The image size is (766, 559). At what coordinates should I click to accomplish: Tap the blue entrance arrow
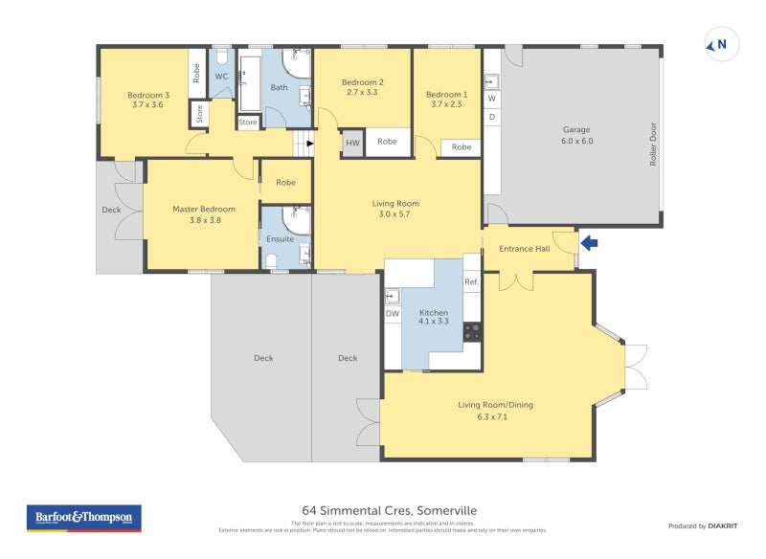[x=590, y=243]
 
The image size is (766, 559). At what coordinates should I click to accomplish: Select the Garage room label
[x=576, y=129]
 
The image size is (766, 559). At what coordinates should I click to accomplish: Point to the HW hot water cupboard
[x=352, y=143]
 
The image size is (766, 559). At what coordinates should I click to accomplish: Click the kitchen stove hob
[x=472, y=331]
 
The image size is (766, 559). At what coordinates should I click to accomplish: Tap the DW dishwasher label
[x=393, y=313]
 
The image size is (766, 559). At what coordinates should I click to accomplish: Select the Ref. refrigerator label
[x=471, y=282]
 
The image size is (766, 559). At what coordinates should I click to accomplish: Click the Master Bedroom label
[x=203, y=209]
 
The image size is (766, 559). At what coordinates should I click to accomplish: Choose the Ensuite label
[x=280, y=238]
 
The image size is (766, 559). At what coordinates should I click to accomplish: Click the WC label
[x=221, y=77]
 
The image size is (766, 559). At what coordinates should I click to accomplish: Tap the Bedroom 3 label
[x=148, y=95]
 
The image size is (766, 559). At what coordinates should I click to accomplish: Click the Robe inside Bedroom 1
[x=462, y=147]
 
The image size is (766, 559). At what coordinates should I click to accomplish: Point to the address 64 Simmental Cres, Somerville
[x=389, y=511]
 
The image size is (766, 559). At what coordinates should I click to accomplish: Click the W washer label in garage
[x=492, y=99]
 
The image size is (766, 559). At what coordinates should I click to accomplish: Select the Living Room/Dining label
[x=495, y=405]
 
